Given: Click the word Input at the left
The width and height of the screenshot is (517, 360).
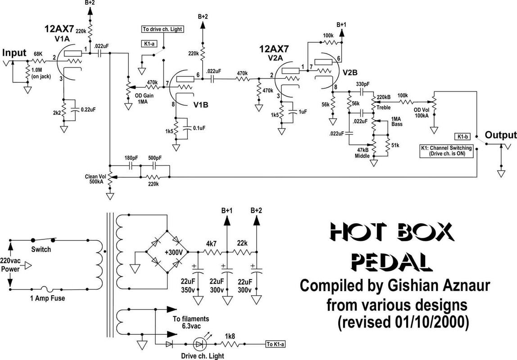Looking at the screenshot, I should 14,53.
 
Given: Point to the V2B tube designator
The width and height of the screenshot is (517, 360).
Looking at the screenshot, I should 351,72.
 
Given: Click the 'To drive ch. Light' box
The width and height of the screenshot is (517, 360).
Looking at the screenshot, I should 162,30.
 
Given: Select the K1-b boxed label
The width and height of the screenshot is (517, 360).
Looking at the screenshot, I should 463,135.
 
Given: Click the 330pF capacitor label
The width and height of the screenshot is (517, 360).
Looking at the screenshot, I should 363,85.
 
